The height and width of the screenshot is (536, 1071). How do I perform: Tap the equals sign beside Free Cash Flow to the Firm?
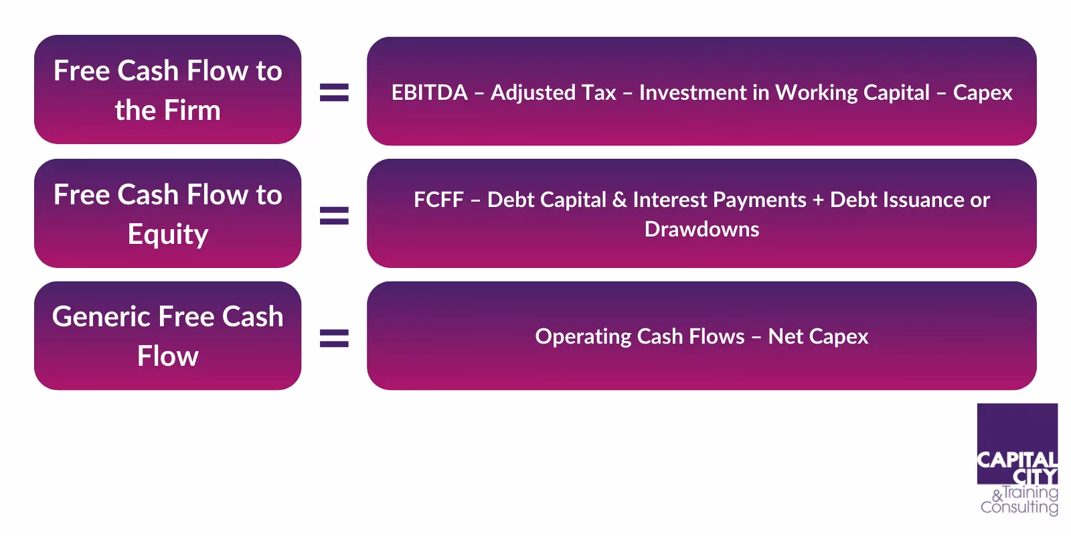click(x=334, y=92)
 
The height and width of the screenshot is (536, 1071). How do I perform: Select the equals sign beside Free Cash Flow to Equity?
click(x=334, y=215)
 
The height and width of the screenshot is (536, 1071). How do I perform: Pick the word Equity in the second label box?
click(x=168, y=234)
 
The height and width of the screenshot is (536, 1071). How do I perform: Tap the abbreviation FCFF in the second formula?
click(x=438, y=200)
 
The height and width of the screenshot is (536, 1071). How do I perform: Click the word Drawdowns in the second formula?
click(x=702, y=229)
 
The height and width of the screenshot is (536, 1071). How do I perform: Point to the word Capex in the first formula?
click(x=982, y=92)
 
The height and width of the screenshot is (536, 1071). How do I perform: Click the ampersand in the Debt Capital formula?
click(x=619, y=200)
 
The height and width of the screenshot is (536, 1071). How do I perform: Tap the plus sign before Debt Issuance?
click(x=817, y=200)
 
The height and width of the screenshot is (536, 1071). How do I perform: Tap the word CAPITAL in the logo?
click(x=1017, y=460)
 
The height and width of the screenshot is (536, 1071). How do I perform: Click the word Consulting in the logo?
click(x=1019, y=507)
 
